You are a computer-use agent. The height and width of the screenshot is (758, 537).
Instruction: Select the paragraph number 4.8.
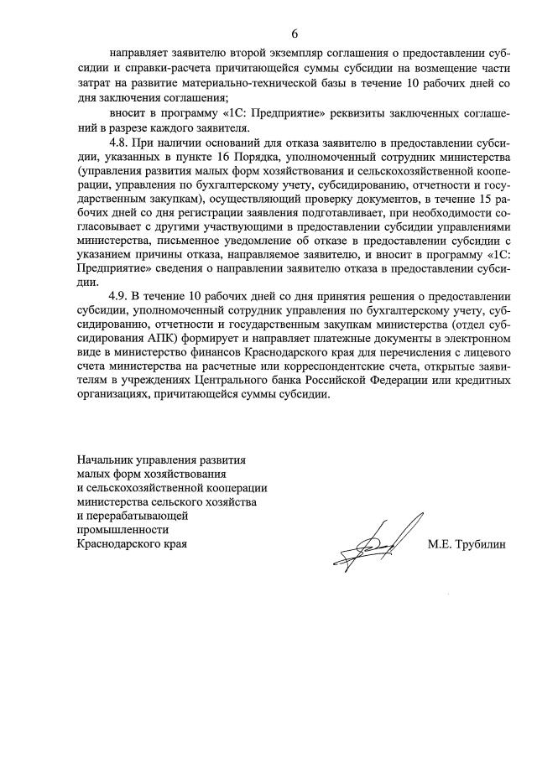pyautogui.click(x=122, y=144)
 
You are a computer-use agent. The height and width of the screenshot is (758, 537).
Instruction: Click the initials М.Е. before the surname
pyautogui.click(x=440, y=544)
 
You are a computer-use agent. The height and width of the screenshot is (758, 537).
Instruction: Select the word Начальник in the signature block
pyautogui.click(x=102, y=460)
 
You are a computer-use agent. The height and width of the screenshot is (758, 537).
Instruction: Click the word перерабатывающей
pyautogui.click(x=136, y=516)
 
